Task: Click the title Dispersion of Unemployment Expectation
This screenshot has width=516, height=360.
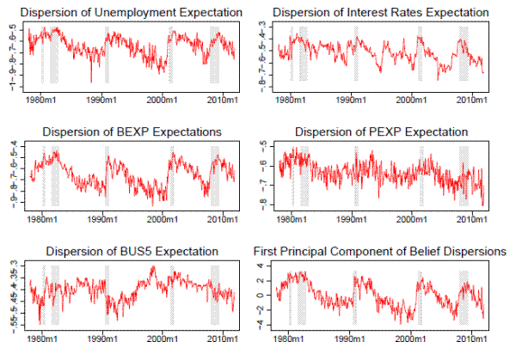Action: pyautogui.click(x=130, y=13)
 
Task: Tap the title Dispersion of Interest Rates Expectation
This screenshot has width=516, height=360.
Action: pyautogui.click(x=383, y=13)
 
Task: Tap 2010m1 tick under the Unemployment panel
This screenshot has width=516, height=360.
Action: pyautogui.click(x=222, y=99)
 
